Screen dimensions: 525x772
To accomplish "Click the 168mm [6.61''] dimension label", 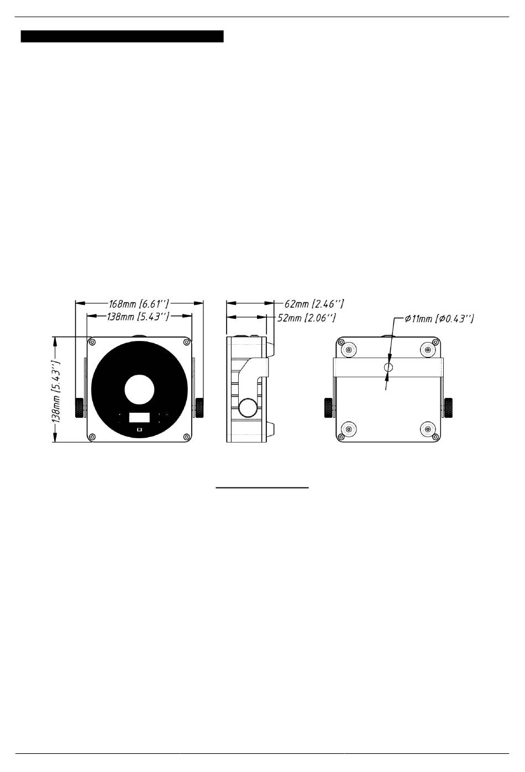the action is click(x=139, y=304).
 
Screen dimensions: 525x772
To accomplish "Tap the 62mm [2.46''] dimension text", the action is click(x=314, y=303).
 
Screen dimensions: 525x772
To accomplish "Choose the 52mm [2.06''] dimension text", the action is click(x=307, y=317).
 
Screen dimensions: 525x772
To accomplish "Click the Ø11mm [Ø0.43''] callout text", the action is click(x=439, y=319).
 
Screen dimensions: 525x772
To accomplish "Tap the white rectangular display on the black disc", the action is click(x=139, y=417).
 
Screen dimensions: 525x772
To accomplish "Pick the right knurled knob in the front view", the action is click(x=200, y=408).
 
